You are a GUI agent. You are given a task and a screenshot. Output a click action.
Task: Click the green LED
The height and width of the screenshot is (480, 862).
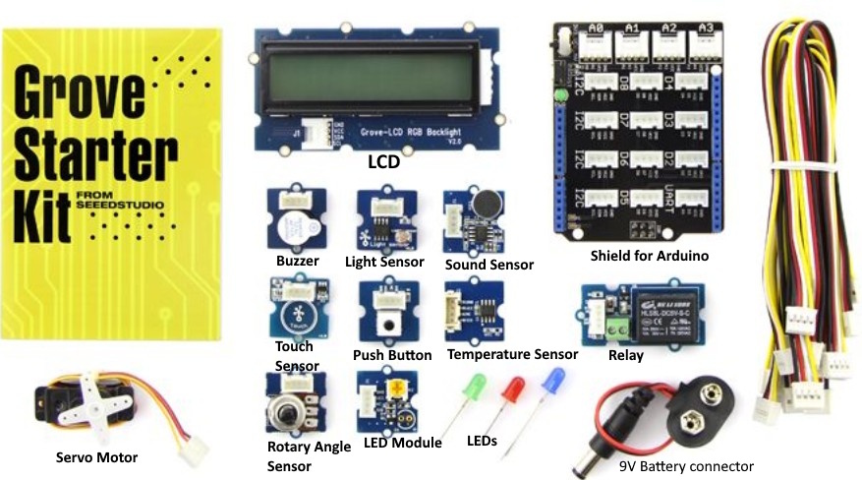470,383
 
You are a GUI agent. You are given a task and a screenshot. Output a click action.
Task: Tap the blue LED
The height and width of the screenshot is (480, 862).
555,379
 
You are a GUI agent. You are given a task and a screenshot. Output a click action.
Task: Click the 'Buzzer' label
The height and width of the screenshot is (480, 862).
297,262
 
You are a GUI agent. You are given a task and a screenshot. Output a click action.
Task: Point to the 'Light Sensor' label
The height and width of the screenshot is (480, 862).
384,263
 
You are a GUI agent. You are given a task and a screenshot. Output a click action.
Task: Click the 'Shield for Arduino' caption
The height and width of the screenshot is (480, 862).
650,257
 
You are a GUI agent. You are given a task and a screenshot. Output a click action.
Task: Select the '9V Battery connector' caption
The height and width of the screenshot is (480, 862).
686,466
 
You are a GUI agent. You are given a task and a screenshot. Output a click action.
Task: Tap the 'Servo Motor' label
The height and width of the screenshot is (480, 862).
96,457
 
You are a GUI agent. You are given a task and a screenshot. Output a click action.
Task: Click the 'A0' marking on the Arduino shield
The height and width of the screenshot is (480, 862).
594,30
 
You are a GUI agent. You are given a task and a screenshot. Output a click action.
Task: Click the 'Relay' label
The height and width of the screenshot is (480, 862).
626,355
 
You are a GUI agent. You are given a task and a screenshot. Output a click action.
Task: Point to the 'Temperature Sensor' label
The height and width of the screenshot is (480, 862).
511,354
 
